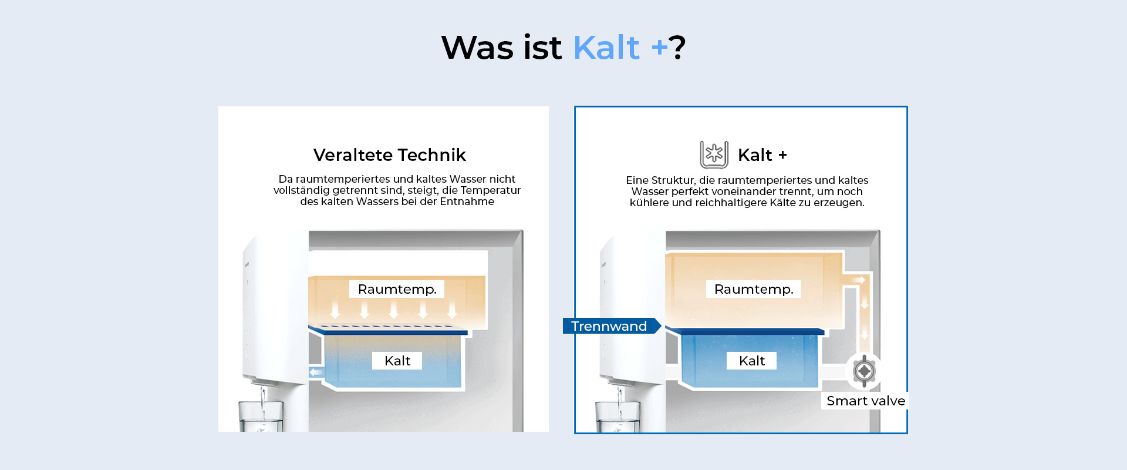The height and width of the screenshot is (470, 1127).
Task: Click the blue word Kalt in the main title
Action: tap(606, 48)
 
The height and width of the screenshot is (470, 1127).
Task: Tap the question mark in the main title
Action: tap(677, 48)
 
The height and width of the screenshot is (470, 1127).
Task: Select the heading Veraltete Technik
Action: tap(389, 155)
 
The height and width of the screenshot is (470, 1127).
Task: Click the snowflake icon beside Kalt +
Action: tap(714, 155)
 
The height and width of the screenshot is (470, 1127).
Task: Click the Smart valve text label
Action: tap(866, 401)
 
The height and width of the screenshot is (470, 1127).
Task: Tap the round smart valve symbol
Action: tap(864, 371)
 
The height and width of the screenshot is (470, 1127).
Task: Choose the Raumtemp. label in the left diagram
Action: tap(397, 289)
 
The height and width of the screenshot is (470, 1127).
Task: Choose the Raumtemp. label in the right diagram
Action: tap(754, 289)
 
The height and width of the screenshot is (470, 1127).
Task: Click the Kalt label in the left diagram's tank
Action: tap(397, 361)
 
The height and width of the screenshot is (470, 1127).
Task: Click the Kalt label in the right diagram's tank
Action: tap(752, 361)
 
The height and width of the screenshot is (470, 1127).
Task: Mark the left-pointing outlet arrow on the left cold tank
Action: tap(317, 372)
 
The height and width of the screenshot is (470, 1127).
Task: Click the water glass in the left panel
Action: tap(261, 417)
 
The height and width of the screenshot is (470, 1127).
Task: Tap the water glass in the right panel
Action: tap(618, 417)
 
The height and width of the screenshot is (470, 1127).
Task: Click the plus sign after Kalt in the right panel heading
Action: tap(782, 155)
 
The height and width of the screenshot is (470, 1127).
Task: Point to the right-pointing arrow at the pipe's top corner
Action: tap(859, 280)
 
